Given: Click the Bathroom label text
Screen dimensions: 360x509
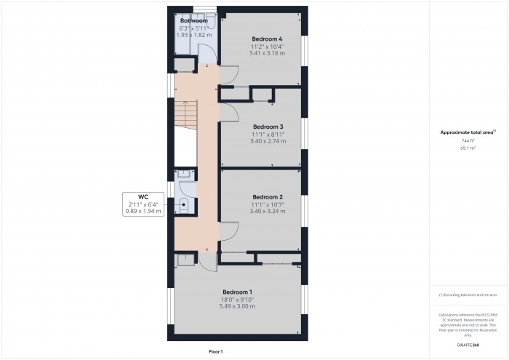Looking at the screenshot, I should click(x=194, y=21).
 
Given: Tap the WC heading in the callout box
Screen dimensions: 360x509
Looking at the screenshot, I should click(x=143, y=197).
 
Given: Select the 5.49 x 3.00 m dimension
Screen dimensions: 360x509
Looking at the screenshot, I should click(x=237, y=306).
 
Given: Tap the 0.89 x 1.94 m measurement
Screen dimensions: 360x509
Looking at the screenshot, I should click(x=143, y=212).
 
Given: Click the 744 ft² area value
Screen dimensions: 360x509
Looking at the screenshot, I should click(x=467, y=140).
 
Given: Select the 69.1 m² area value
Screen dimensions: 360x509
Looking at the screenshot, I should click(x=467, y=148).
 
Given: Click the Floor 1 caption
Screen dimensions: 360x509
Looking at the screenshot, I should click(x=215, y=351).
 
